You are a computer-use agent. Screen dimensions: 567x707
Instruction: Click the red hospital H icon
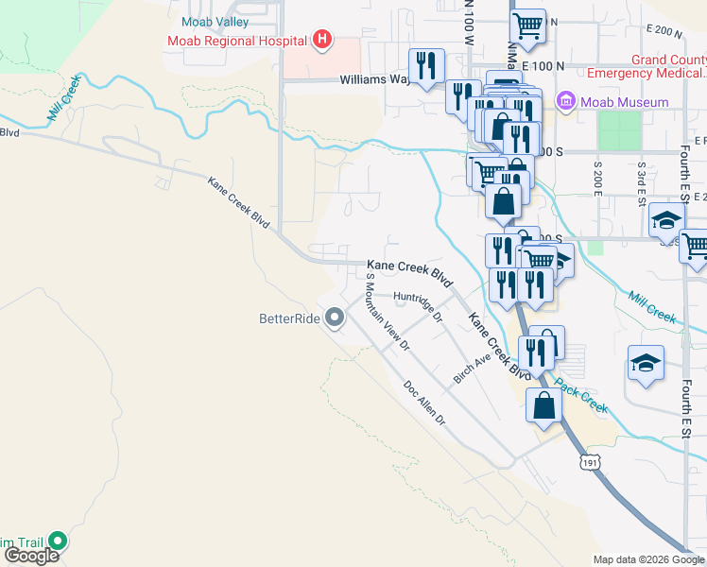pos(322,40)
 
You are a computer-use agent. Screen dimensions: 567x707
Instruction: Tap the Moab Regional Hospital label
pos(236,41)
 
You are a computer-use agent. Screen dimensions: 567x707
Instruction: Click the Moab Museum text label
pos(625,102)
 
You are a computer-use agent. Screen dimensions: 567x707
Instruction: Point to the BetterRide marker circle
pos(334,319)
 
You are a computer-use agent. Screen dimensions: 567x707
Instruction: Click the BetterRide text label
pos(289,319)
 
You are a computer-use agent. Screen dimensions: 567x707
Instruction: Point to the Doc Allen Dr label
pos(423,403)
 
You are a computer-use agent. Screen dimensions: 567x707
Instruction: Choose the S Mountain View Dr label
pos(388,312)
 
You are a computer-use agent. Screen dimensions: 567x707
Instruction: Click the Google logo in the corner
pos(30,556)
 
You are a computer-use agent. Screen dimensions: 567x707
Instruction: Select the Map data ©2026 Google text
pos(648,559)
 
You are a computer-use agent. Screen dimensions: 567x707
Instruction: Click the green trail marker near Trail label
pos(58,541)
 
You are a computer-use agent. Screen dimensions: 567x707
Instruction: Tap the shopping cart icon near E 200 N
pos(527,25)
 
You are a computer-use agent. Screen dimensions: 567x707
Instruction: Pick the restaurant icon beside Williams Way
pos(426,65)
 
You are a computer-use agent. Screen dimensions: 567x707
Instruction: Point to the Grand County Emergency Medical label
pos(646,66)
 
